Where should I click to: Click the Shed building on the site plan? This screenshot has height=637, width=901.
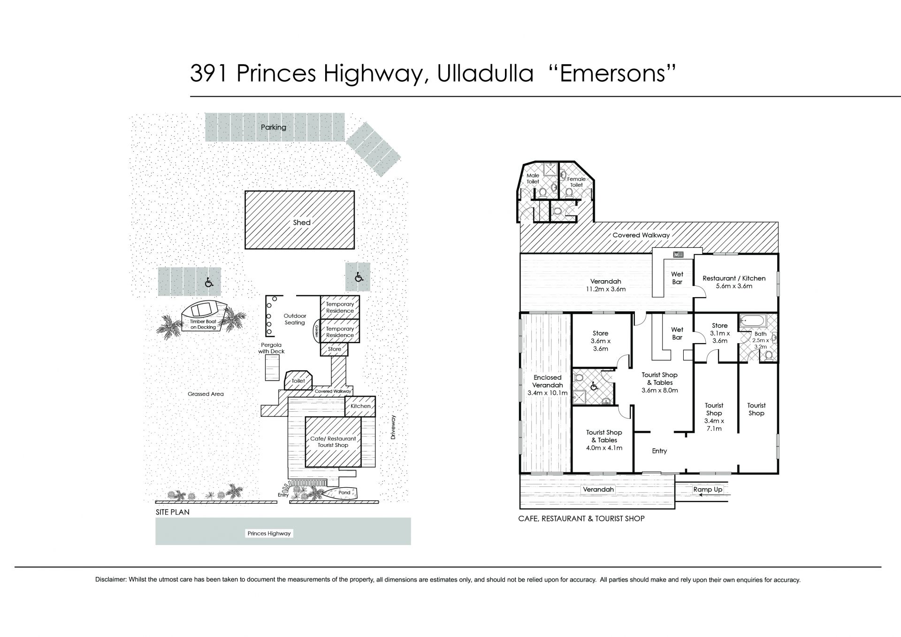click(x=299, y=220)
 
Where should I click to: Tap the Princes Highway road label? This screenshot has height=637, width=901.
click(x=269, y=533)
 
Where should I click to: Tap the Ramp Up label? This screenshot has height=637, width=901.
click(x=708, y=490)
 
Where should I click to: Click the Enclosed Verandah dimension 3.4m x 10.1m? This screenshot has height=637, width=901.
click(x=548, y=393)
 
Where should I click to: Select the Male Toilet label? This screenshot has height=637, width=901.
click(x=533, y=178)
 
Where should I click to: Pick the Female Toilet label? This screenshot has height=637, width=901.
click(x=576, y=182)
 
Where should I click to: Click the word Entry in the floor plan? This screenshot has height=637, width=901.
click(x=659, y=451)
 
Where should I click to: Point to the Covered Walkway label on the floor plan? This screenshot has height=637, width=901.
click(x=641, y=235)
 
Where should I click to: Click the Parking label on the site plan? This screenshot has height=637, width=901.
click(x=274, y=127)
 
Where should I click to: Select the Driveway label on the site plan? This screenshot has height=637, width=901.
click(x=394, y=427)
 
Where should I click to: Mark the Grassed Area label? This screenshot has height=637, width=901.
click(x=206, y=394)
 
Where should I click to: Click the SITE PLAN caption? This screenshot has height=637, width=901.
click(x=173, y=512)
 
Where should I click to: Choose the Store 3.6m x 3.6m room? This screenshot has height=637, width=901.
click(x=601, y=340)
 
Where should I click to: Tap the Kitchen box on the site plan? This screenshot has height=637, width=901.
click(x=360, y=406)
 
